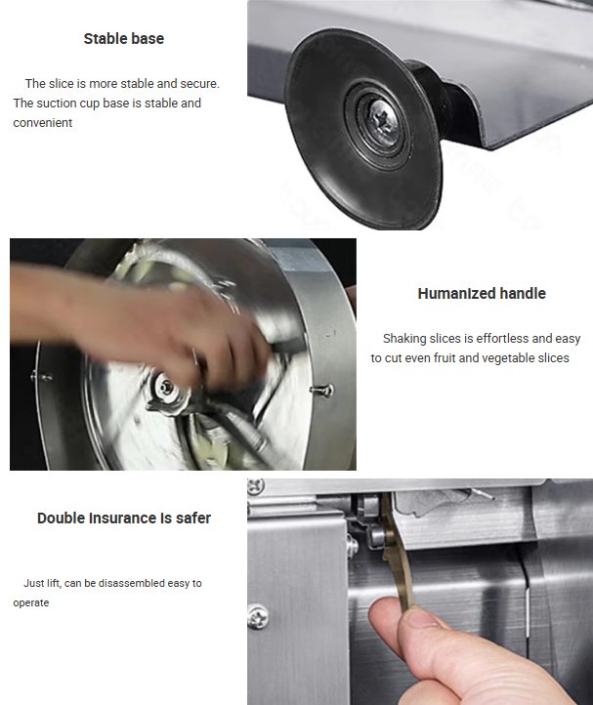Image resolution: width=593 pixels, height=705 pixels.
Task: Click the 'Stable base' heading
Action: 124,39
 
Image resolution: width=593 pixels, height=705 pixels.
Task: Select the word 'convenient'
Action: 43,123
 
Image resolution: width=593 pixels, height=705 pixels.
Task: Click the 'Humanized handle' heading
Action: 482,294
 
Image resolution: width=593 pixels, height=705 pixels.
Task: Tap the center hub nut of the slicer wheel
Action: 166,387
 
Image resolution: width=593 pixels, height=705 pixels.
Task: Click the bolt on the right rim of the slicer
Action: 322,390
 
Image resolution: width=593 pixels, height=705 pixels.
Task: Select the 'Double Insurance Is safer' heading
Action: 124,518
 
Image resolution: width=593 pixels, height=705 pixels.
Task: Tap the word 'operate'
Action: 31,602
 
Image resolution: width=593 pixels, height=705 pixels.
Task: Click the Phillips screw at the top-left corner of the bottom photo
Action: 256,485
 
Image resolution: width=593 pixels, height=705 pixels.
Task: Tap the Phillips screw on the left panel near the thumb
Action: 258,617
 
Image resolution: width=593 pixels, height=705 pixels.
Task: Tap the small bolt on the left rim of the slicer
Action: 41,377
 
